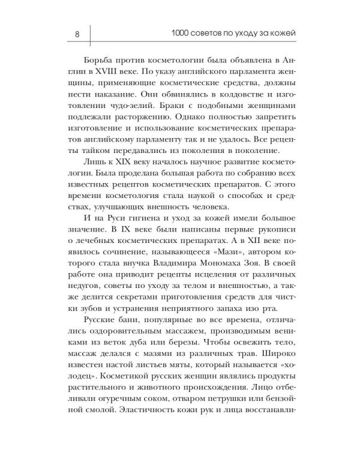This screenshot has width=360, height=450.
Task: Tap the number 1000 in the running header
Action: click(x=181, y=33)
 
